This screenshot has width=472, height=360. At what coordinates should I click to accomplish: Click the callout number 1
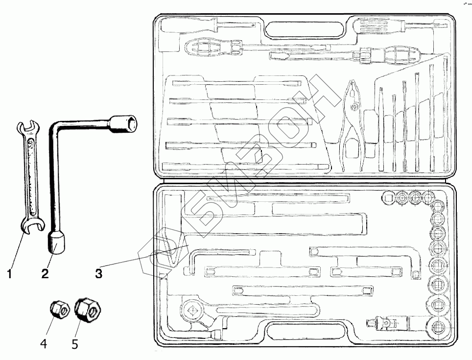point(10,274)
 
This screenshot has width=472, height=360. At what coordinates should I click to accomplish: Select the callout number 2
point(45,274)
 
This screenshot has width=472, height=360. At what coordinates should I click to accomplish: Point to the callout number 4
point(44,344)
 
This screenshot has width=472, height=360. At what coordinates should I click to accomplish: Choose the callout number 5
point(75,344)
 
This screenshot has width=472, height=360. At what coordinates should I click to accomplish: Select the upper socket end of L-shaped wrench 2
point(124,123)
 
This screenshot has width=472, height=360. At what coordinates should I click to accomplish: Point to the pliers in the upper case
point(354,122)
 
